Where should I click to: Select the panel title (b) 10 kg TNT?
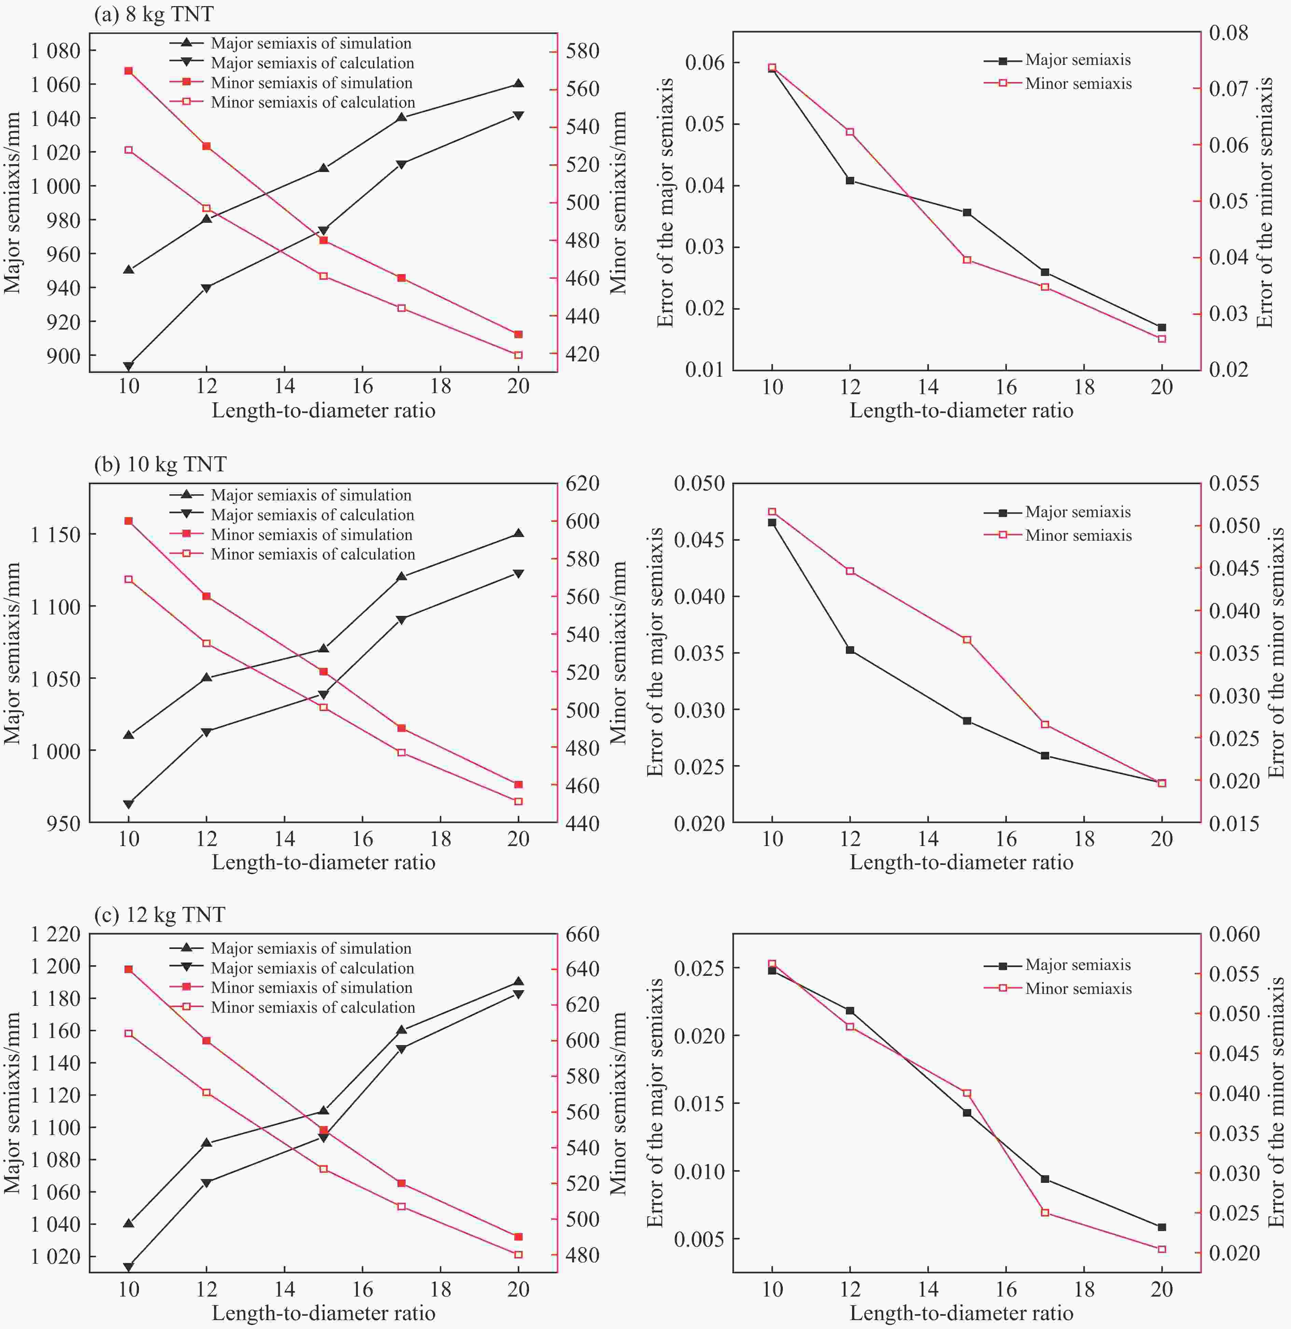[x=160, y=465]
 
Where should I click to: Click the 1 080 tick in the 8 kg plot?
[x=56, y=51]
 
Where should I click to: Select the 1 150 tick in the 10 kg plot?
[x=56, y=534]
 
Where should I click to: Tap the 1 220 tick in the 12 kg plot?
[x=56, y=935]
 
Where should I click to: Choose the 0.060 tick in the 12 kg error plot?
[x=1234, y=935]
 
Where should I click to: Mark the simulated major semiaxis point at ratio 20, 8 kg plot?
[x=519, y=83]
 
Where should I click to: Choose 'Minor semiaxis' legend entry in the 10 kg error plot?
[x=1078, y=536]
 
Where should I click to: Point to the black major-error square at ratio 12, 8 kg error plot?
[x=850, y=180]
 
